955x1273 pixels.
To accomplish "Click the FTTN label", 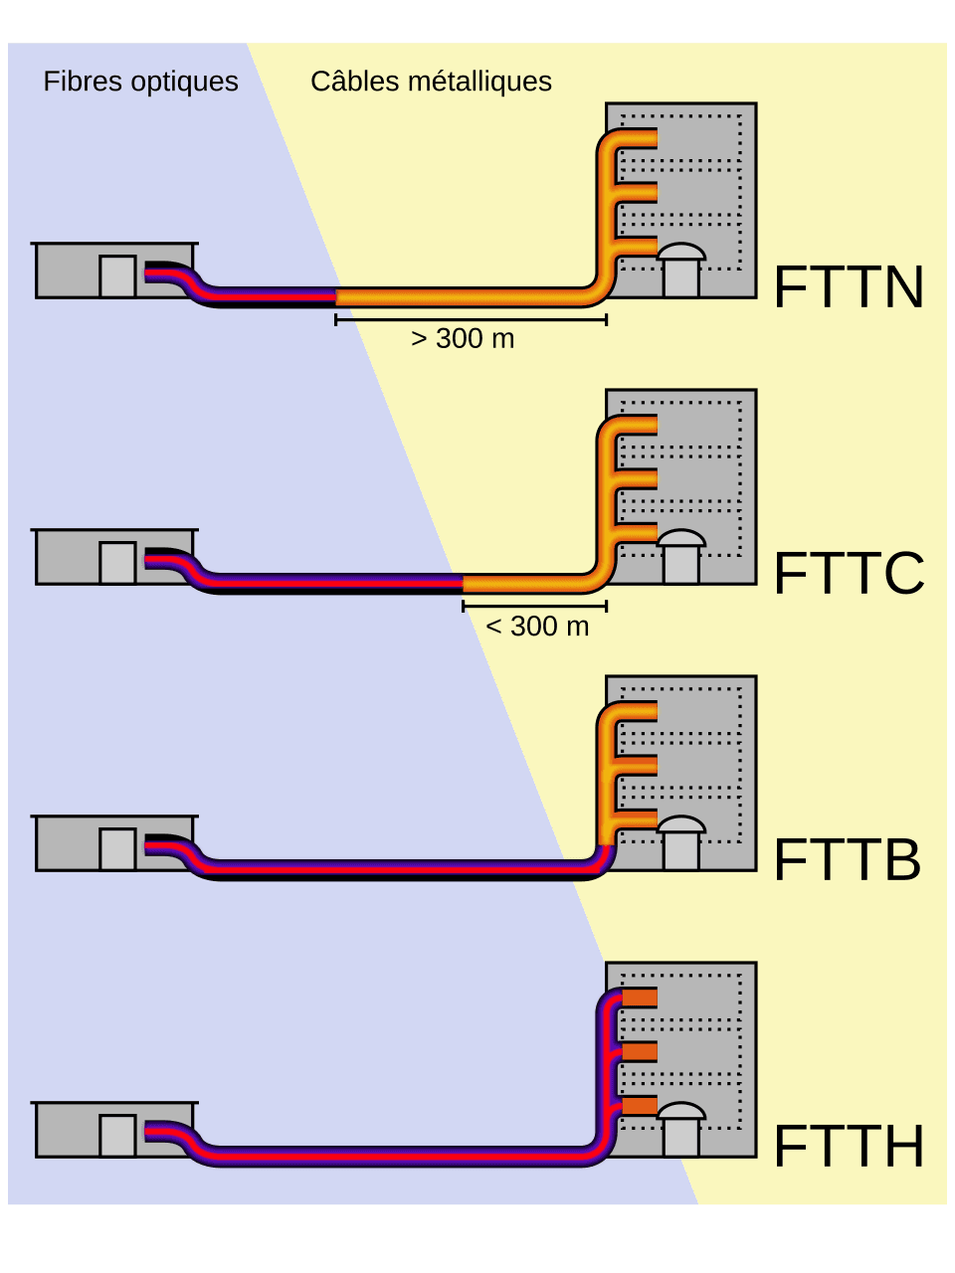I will [x=849, y=287].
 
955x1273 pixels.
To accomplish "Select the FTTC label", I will [x=849, y=574].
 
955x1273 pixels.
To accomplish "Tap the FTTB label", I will [x=847, y=860].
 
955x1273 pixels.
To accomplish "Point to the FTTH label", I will [x=849, y=1147].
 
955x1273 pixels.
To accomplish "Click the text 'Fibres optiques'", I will [x=140, y=82].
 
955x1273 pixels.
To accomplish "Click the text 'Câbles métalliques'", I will [x=431, y=82].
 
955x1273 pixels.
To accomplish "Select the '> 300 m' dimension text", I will [x=463, y=339].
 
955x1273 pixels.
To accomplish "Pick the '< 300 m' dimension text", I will [x=537, y=626].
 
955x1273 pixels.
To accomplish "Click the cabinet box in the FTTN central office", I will [x=117, y=276].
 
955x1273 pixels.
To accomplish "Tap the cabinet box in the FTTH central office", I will [x=117, y=1136].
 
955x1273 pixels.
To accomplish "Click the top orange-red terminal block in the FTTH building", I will [x=640, y=998].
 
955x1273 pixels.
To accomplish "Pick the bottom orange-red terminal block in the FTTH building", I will [x=640, y=1105].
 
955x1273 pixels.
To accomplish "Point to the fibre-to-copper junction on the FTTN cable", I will [x=336, y=296].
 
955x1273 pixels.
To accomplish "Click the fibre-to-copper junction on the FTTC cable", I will [x=464, y=583].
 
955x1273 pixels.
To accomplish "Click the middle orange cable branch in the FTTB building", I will [x=637, y=765].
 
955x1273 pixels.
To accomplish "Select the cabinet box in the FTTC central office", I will [x=117, y=563].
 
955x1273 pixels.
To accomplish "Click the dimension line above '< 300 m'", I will [x=535, y=606].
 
